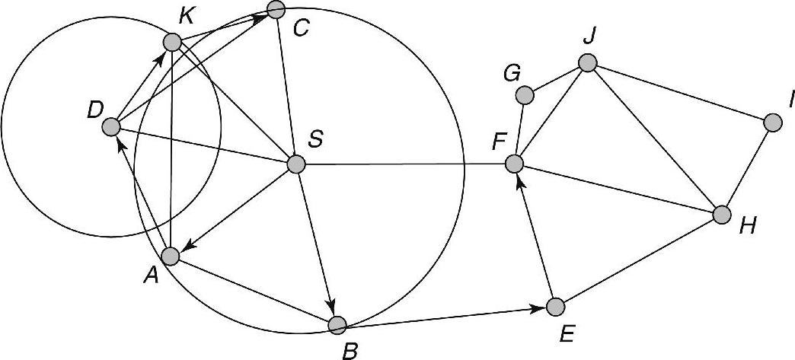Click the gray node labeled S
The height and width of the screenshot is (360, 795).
click(x=295, y=164)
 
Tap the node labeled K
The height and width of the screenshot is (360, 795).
click(x=172, y=43)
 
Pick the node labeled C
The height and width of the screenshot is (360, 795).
click(x=276, y=9)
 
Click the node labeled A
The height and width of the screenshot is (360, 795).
click(x=171, y=256)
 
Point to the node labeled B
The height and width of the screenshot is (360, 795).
click(x=337, y=325)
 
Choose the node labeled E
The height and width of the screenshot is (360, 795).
click(x=556, y=307)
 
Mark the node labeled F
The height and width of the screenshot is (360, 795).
click(x=515, y=163)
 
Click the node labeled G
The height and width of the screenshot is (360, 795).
click(x=524, y=95)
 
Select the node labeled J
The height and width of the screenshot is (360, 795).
click(x=587, y=63)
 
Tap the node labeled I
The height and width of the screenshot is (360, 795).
click(x=772, y=122)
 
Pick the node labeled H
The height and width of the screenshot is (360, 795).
click(x=722, y=215)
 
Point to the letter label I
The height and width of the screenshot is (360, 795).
click(x=792, y=98)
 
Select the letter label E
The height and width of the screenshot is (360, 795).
click(x=567, y=333)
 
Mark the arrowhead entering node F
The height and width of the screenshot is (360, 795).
click(x=521, y=180)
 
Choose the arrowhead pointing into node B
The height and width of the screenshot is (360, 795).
click(x=331, y=307)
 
